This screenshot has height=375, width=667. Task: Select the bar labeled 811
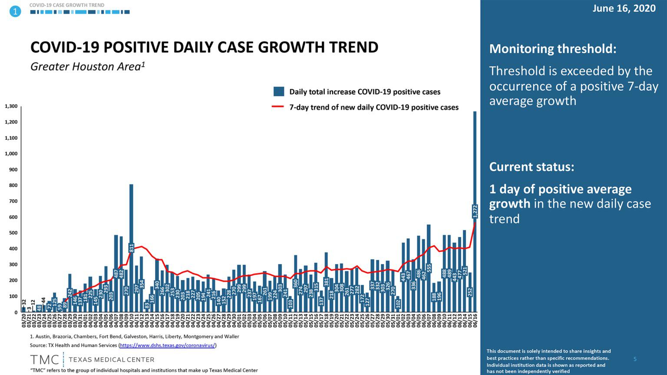point(131,247)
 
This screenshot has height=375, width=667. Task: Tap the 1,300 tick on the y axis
point(11,106)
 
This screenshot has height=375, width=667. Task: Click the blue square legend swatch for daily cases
point(279,92)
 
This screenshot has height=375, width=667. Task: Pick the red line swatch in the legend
point(278,107)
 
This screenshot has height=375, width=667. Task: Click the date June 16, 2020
point(624,9)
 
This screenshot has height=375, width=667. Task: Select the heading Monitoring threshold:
point(552,49)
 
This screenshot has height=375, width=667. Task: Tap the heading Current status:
point(532,167)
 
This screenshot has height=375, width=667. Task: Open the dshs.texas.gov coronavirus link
point(167,345)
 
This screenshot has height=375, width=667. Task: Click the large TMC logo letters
point(44,360)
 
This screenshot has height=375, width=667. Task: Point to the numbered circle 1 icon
point(15,11)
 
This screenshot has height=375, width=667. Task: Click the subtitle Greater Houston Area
point(87,66)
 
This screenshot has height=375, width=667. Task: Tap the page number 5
point(635,359)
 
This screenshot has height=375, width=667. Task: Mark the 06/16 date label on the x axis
point(475,322)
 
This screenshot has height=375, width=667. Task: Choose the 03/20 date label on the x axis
point(23,322)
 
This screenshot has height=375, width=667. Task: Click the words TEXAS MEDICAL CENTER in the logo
point(111,360)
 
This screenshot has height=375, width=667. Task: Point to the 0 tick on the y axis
point(16,312)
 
